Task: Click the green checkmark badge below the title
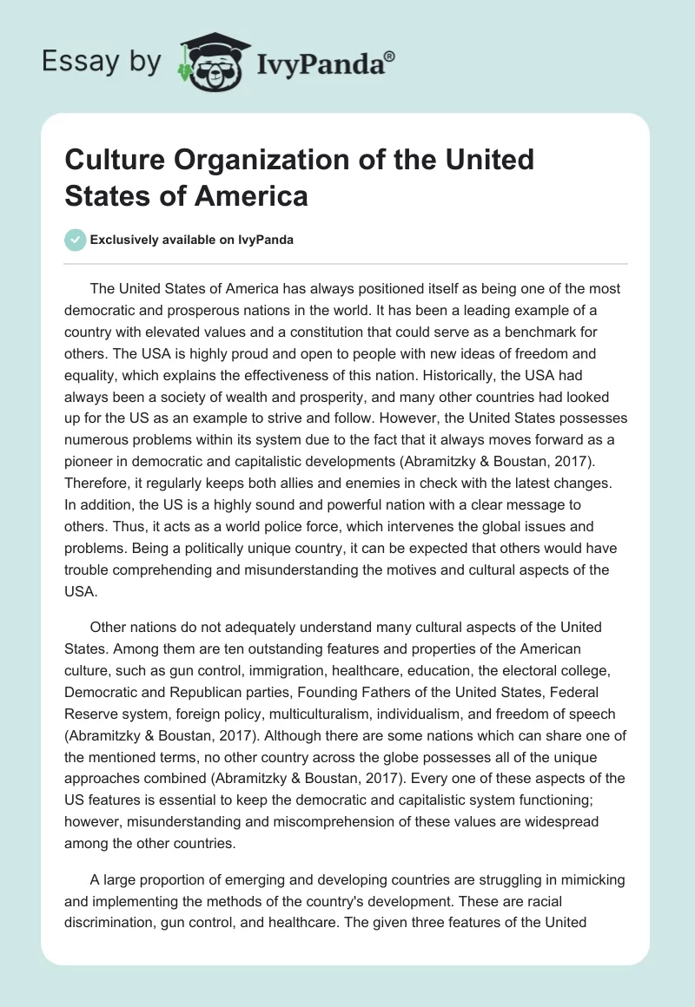(x=75, y=240)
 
